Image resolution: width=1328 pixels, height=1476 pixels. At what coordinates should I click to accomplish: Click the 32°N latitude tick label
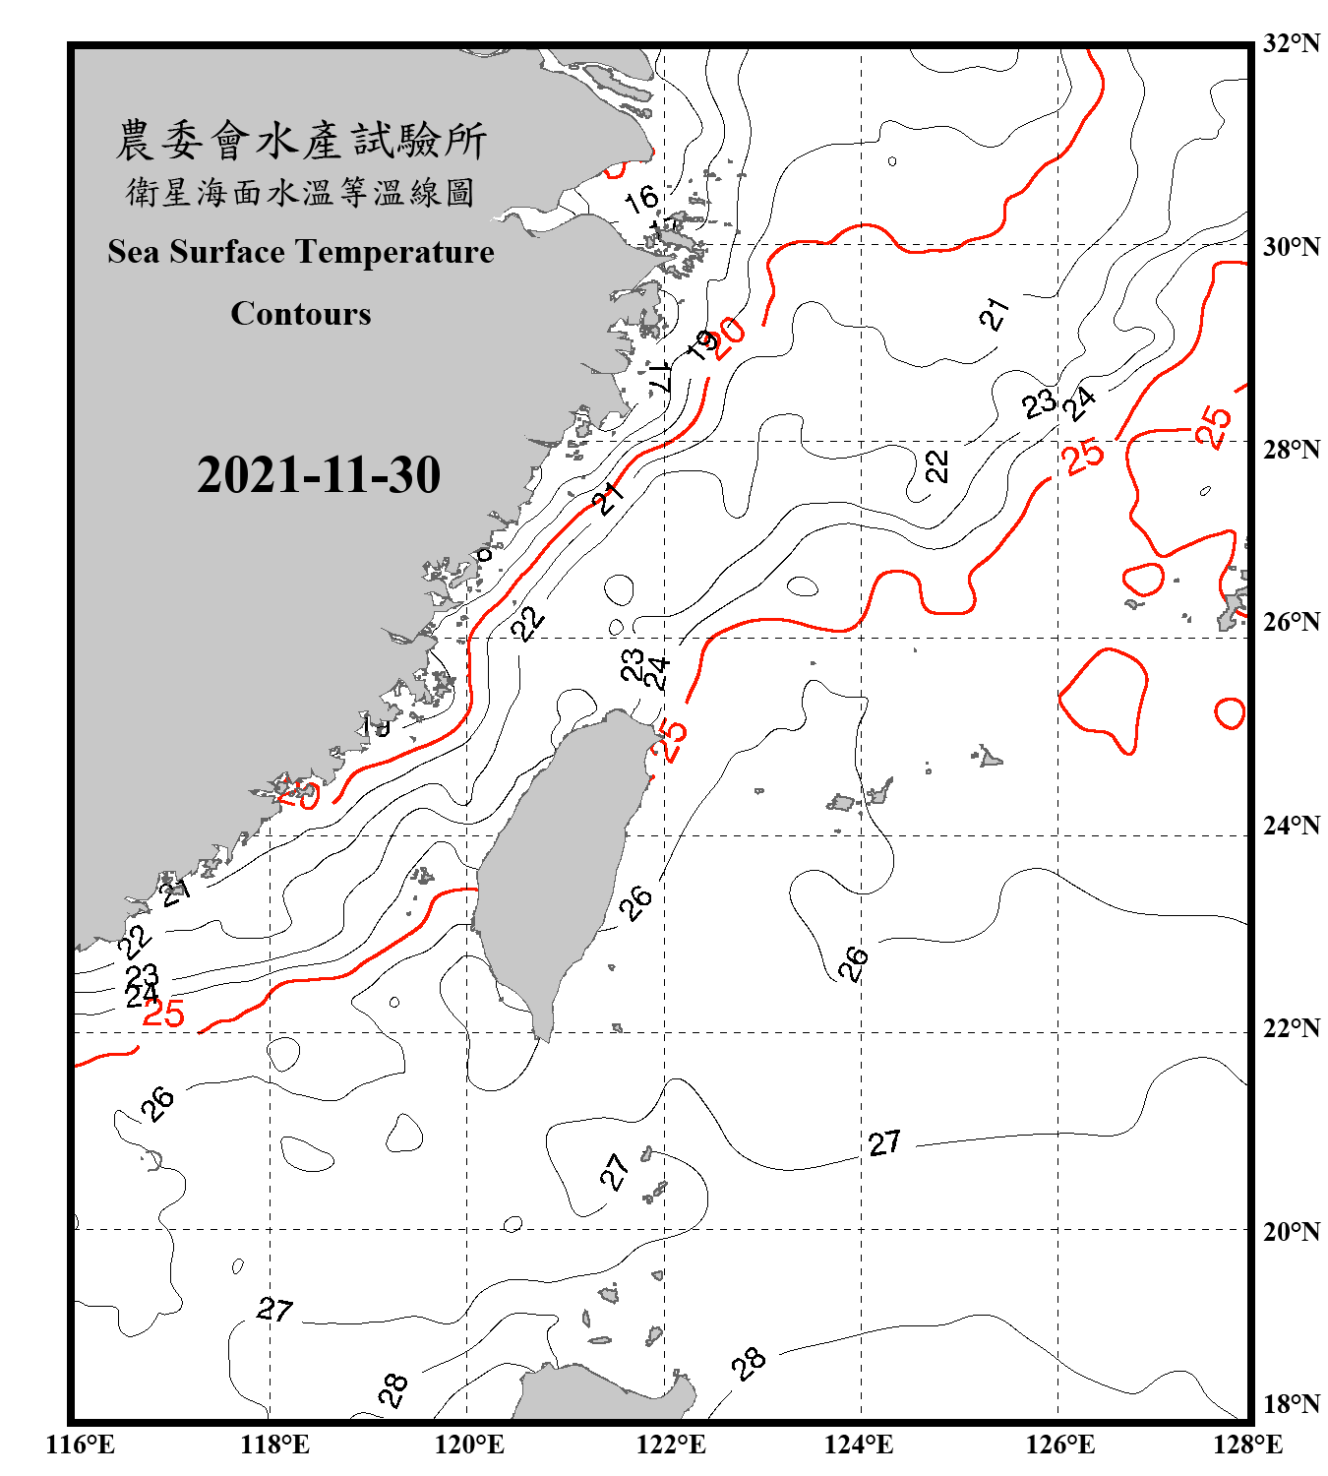(x=1291, y=43)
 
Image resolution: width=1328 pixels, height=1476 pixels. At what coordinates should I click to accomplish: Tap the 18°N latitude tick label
(x=1291, y=1404)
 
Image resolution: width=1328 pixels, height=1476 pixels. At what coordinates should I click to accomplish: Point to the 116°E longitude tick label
(x=80, y=1445)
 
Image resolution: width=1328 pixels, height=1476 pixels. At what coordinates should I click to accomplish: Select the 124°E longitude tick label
(x=859, y=1445)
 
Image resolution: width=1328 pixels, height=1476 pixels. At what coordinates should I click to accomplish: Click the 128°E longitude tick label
(x=1247, y=1445)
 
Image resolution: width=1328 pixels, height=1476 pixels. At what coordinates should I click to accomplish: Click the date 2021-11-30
(x=318, y=475)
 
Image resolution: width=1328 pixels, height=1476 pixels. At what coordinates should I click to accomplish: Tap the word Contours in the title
(x=300, y=314)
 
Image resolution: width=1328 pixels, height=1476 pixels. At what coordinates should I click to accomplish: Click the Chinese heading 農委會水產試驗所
(x=300, y=140)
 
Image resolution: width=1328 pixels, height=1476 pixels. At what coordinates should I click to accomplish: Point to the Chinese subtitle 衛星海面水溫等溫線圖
(x=300, y=192)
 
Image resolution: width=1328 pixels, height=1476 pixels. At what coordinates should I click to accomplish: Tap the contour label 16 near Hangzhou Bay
(x=641, y=199)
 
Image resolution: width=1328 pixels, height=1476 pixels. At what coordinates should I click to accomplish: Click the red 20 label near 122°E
(x=729, y=338)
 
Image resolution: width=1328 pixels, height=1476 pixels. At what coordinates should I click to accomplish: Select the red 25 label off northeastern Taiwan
(x=672, y=739)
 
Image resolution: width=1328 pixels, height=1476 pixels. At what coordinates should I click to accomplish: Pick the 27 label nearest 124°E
(x=883, y=1142)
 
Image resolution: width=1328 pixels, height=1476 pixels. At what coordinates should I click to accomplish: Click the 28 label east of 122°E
(x=749, y=1363)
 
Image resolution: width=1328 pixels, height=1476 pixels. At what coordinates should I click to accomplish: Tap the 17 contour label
(x=661, y=375)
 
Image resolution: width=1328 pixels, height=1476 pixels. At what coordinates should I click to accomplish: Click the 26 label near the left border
(x=157, y=1103)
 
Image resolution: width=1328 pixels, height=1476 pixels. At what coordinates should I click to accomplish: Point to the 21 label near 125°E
(x=995, y=314)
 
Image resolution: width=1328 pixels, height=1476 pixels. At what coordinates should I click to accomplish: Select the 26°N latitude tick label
(x=1291, y=622)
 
